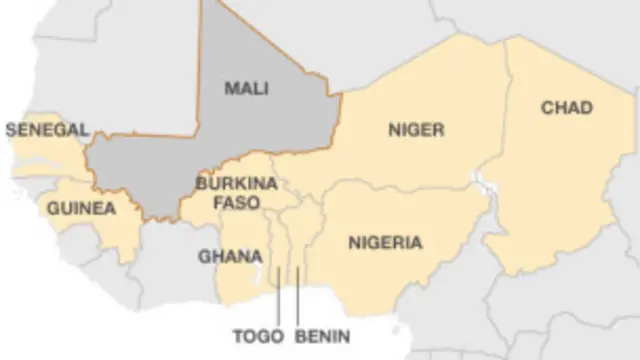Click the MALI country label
(x=246, y=88)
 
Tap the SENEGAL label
(x=47, y=129)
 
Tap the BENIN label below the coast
(x=323, y=335)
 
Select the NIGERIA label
(x=385, y=242)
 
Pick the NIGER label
(x=415, y=129)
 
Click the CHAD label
(x=567, y=107)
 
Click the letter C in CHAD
(x=546, y=107)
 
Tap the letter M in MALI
(x=230, y=88)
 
